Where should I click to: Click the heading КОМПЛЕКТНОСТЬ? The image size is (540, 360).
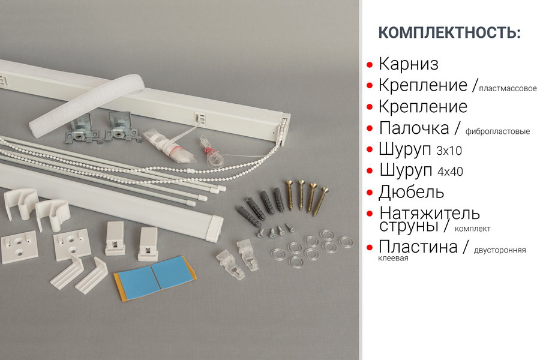(x=449, y=32)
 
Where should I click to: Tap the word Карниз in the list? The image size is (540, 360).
(x=409, y=64)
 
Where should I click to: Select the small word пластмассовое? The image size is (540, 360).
(x=508, y=89)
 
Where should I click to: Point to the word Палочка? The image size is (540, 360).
(x=414, y=128)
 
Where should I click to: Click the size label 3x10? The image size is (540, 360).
(x=449, y=151)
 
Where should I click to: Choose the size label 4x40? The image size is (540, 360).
(x=450, y=172)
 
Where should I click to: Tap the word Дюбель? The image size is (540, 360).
(x=411, y=192)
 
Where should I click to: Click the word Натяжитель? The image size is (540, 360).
(x=430, y=213)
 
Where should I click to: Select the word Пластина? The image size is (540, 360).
(x=418, y=247)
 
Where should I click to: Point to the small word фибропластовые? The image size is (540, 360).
(x=497, y=131)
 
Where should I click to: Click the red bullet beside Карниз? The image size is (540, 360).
(x=370, y=65)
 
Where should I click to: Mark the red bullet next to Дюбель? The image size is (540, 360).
(x=370, y=193)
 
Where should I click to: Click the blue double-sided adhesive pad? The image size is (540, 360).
(x=155, y=277)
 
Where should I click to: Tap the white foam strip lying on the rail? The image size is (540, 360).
(x=86, y=105)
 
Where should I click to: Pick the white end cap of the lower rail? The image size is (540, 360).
(x=214, y=228)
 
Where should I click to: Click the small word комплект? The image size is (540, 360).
(x=473, y=229)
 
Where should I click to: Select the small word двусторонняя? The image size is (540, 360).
(x=500, y=250)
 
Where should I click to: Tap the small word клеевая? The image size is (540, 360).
(x=393, y=259)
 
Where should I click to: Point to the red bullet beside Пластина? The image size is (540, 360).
(x=370, y=247)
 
